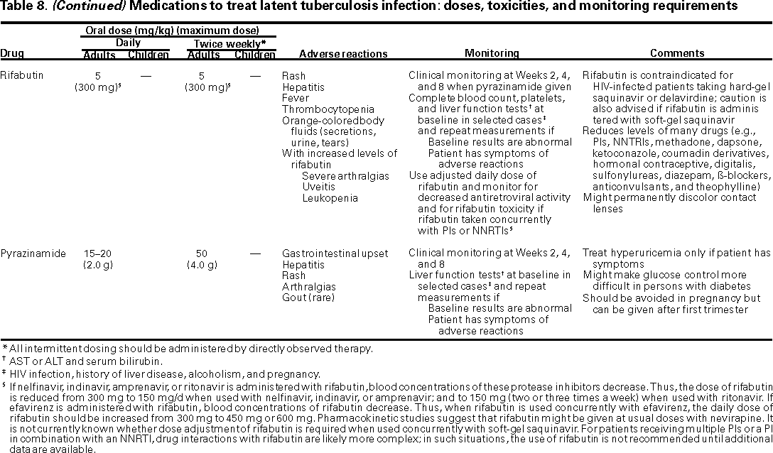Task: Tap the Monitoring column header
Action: [492, 53]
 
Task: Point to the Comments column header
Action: [677, 53]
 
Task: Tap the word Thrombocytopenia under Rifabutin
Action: [328, 109]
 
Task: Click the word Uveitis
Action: [318, 187]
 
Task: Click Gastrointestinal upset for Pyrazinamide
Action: [334, 253]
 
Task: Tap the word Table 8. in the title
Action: [22, 6]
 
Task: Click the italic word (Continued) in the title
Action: [77, 6]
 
